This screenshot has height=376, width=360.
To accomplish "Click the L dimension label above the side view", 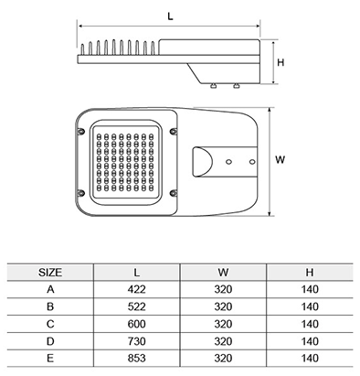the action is (x=170, y=16).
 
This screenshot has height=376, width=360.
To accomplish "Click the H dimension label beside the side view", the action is (x=281, y=62).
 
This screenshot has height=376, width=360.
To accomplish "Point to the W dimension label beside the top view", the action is (x=280, y=159).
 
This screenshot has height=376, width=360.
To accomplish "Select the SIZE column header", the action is (x=50, y=273).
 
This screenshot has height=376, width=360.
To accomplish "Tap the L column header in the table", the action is (x=137, y=273).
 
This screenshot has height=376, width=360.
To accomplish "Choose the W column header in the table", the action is (x=223, y=273).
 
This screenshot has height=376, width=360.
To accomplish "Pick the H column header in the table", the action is (x=310, y=273).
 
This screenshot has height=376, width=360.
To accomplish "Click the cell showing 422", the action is (x=137, y=289).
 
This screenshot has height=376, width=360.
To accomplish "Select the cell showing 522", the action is (x=137, y=306).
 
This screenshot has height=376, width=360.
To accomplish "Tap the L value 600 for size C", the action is (x=137, y=324).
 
